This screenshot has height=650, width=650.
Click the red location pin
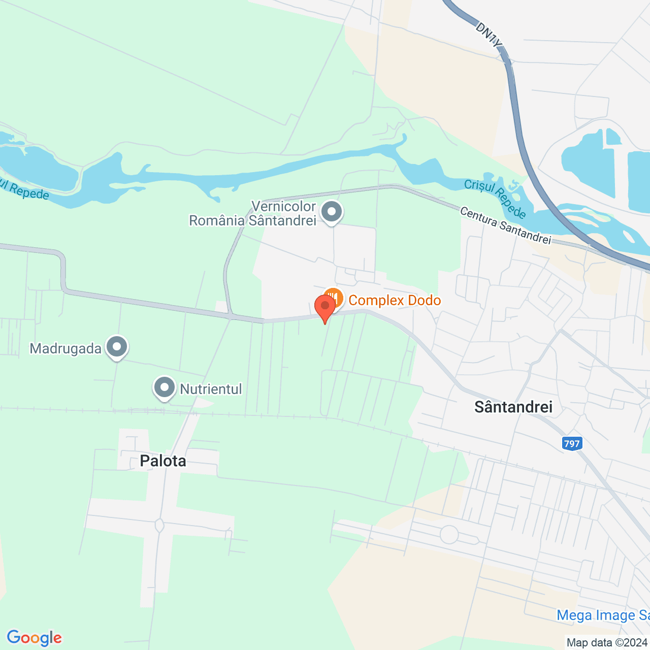pos(325,306)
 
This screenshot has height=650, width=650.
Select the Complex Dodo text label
pos(395,300)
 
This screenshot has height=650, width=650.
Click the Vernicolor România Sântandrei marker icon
pos(332,211)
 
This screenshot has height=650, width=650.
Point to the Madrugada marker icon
pos(117,348)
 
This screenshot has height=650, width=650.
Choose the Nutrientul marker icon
pos(164,388)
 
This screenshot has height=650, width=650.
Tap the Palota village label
pos(163,461)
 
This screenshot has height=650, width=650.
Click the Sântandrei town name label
pos(513,406)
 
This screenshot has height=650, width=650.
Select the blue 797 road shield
pos(572,443)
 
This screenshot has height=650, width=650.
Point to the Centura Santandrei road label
pos(505,225)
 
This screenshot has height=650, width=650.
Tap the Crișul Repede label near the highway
pos(495,198)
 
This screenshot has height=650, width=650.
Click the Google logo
pos(34,638)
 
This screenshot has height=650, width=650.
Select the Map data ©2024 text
pos(607,642)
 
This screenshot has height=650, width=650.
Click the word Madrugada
pos(66,348)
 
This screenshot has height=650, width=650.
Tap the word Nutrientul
pos(211,389)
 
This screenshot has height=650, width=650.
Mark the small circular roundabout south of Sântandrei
pos(449,534)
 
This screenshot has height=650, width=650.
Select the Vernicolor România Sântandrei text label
pos(253,213)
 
